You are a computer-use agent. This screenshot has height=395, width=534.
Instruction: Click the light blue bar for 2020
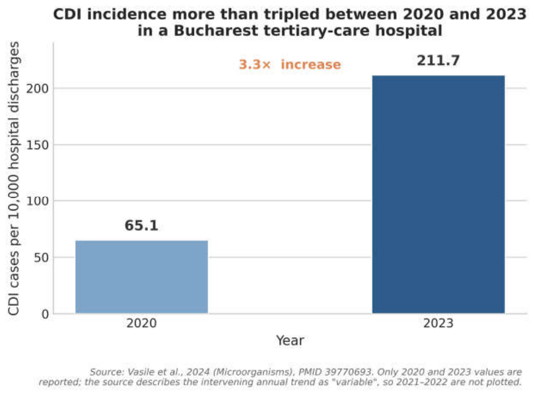pyautogui.click(x=141, y=277)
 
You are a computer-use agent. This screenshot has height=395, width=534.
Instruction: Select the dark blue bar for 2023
pyautogui.click(x=439, y=194)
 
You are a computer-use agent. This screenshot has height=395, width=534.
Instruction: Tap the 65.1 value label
pyautogui.click(x=141, y=226)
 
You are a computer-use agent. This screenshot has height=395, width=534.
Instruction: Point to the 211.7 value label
pyautogui.click(x=439, y=61)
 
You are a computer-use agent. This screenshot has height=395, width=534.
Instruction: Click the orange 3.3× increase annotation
pyautogui.click(x=290, y=64)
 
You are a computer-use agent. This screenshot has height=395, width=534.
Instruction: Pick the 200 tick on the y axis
pyautogui.click(x=38, y=88)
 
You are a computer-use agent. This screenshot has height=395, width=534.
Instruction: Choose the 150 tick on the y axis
pyautogui.click(x=38, y=145)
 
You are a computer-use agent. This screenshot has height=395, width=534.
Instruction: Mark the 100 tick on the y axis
pyautogui.click(x=38, y=201)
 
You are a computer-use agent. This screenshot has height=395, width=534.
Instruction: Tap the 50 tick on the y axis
pyautogui.click(x=41, y=258)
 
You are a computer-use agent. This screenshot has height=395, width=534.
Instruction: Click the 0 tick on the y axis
pyautogui.click(x=45, y=314)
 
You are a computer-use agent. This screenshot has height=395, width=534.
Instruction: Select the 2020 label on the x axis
pyautogui.click(x=141, y=323)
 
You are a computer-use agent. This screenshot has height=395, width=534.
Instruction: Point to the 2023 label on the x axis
pyautogui.click(x=439, y=323)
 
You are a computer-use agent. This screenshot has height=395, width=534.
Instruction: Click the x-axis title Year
pyautogui.click(x=290, y=341)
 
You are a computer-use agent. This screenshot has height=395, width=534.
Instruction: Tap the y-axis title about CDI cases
pyautogui.click(x=14, y=178)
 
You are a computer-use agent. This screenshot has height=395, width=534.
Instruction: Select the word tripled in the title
pyautogui.click(x=292, y=15)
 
